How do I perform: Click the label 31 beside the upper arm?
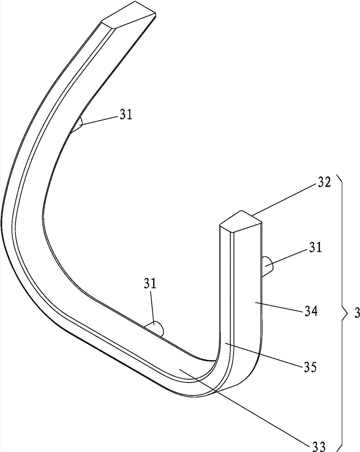[x=126, y=115]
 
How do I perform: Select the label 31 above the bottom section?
[x=150, y=284]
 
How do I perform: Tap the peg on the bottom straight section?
[x=155, y=328]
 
